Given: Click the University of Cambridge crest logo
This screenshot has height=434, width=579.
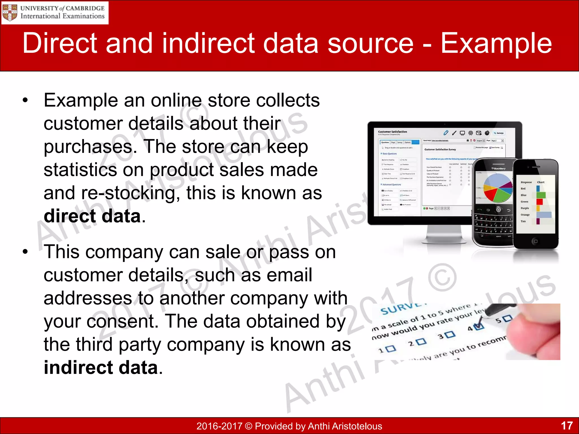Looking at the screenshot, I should tap(10, 13).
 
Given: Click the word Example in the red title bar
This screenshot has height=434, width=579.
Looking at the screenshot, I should tap(496, 43).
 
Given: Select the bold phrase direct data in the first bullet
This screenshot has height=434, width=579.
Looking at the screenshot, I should tap(92, 216).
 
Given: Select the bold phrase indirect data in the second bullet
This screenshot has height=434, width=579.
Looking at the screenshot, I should tap(101, 368).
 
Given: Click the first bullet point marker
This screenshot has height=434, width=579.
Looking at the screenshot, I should tap(25, 100).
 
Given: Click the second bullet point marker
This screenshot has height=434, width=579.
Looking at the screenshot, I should tap(25, 252).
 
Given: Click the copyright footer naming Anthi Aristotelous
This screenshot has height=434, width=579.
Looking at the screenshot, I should tap(289, 426).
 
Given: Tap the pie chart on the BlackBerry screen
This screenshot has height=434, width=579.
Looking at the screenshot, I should tap(498, 188).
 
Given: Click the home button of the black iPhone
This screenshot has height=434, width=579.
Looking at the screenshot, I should tap(535, 241).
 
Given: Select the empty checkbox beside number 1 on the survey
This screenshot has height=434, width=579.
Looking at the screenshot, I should tap(391, 348).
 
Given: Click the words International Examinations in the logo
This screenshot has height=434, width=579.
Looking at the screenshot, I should tap(62, 16).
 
